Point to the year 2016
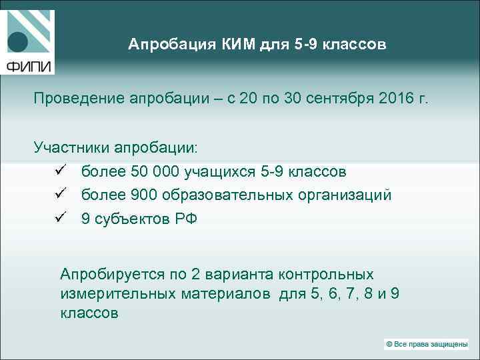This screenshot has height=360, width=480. point(397,99)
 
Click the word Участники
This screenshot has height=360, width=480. point(72,147)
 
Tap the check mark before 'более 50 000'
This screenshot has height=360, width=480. point(58,171)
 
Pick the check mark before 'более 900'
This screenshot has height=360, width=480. point(58,195)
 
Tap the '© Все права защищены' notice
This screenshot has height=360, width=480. point(426,344)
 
